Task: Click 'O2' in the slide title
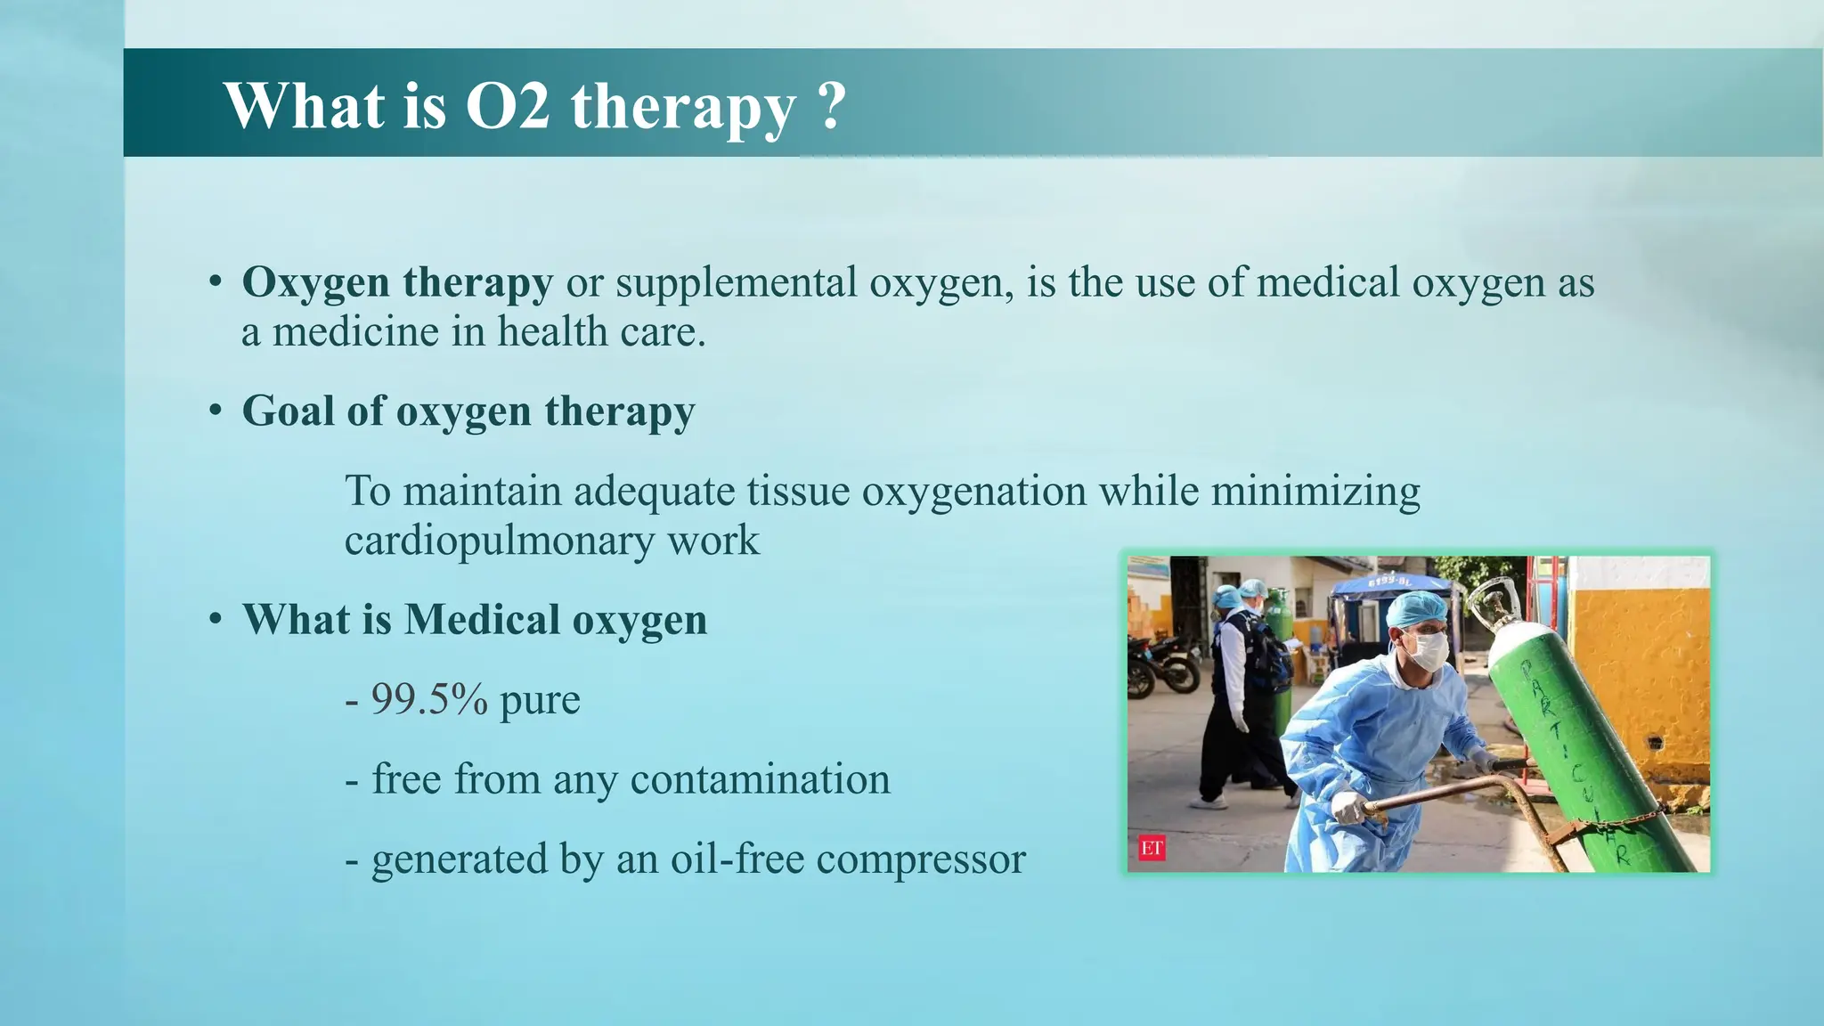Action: [508, 106]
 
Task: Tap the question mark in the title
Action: [830, 106]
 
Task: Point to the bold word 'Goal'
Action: [288, 411]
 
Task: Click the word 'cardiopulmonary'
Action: [499, 541]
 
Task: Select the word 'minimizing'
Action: [1315, 492]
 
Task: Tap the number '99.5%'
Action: [429, 699]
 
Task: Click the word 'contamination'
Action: [760, 779]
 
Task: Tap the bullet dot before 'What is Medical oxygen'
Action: [216, 619]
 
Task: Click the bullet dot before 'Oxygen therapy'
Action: [216, 282]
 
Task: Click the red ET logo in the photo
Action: [1152, 848]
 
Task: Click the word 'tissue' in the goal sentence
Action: [797, 492]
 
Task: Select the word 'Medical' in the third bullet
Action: [481, 620]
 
